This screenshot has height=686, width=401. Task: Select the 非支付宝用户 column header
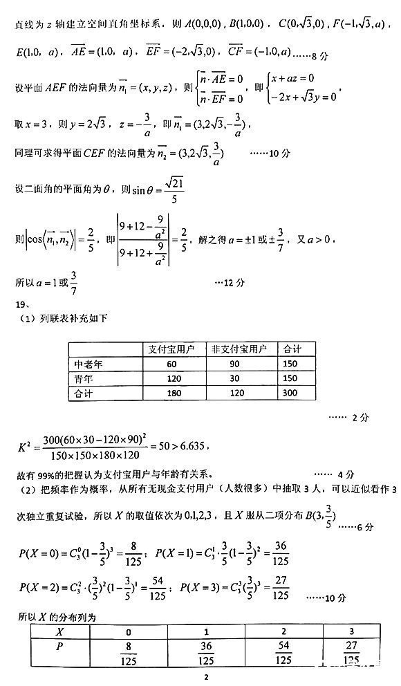click(243, 350)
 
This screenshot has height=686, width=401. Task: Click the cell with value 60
click(173, 364)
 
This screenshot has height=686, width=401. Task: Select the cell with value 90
click(243, 364)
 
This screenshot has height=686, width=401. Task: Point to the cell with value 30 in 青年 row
click(243, 378)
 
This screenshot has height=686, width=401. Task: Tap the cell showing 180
click(173, 393)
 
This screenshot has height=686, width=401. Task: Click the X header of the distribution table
click(59, 633)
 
